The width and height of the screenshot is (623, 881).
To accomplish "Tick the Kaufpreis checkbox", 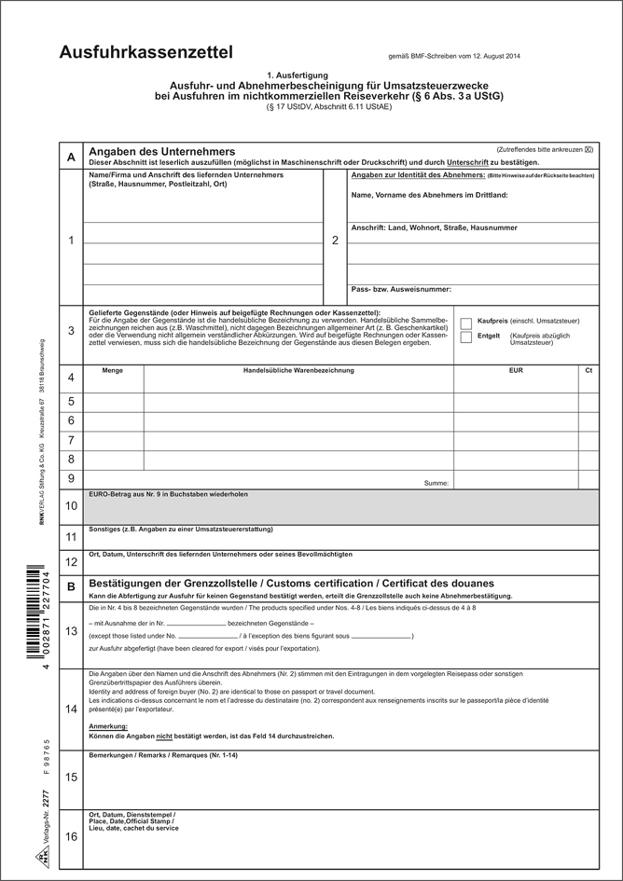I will [x=466, y=322].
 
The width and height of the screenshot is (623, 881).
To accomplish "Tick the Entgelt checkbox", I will [x=466, y=337].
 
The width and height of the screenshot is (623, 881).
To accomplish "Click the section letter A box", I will [x=71, y=158].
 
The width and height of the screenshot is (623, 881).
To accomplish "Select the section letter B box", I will [x=71, y=586].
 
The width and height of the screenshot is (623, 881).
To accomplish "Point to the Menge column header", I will [x=113, y=372].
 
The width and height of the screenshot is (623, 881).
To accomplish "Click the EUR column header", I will [x=516, y=372].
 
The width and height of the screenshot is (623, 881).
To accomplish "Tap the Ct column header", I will [x=588, y=372].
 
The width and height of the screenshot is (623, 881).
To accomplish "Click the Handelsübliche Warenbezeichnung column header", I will [x=298, y=372].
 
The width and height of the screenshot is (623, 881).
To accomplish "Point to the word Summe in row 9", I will [x=437, y=483].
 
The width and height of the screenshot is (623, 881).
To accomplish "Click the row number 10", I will [x=71, y=506].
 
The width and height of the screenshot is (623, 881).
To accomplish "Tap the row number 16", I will [x=71, y=838].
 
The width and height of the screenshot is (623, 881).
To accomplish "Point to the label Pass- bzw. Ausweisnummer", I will [x=402, y=290].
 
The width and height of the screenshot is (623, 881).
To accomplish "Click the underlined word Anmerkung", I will [x=107, y=725].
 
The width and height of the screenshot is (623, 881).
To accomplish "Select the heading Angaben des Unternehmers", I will [x=161, y=151].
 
